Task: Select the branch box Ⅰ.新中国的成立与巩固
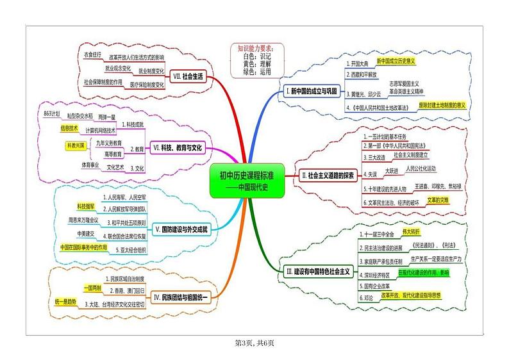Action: pos(311,92)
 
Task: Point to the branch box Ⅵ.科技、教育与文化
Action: pos(178,148)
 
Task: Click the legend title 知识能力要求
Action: pos(254,48)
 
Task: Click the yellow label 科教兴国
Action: pos(78,146)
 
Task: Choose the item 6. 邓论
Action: pos(369,298)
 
